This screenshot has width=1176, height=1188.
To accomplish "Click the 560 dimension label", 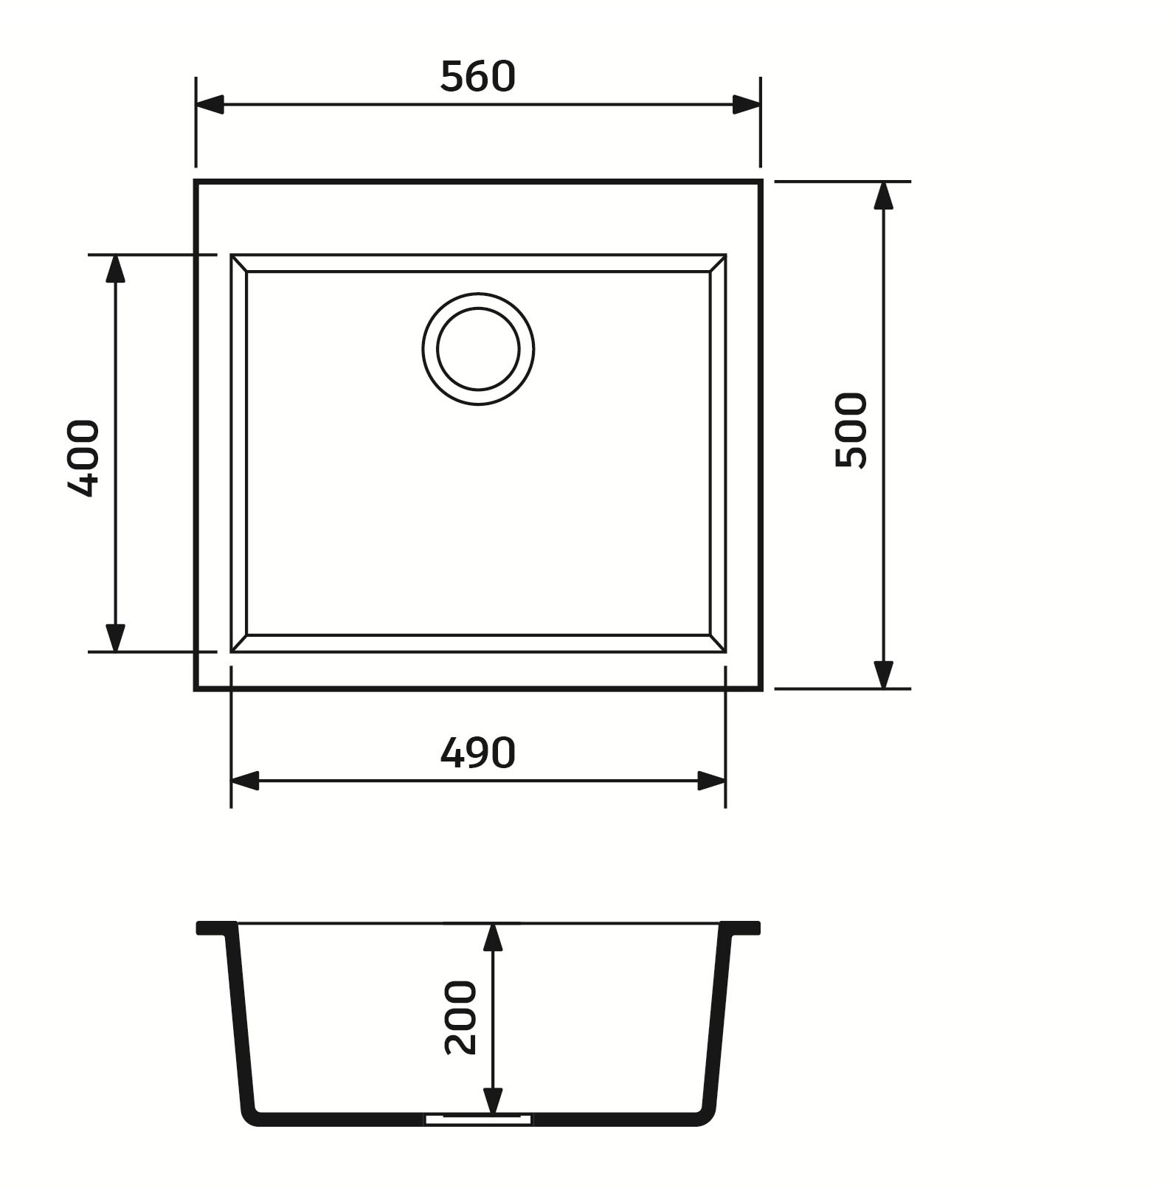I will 477,77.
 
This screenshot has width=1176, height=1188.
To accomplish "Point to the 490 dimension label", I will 477,753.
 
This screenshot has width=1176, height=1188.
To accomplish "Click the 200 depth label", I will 461,1017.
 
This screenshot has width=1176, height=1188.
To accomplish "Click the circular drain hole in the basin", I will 478,349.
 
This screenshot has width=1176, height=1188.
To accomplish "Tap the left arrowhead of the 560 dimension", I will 210,105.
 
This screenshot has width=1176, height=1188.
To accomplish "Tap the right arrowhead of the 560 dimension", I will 746,105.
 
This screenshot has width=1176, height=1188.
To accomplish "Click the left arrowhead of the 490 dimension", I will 245,781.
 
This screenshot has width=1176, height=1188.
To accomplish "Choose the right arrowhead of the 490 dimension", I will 711,781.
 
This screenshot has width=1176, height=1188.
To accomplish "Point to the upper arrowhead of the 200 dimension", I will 493,937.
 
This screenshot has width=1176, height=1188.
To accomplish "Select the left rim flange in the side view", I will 217,928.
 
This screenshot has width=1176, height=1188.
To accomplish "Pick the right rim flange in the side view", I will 740,928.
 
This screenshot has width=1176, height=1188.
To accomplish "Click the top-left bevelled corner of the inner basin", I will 239,263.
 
